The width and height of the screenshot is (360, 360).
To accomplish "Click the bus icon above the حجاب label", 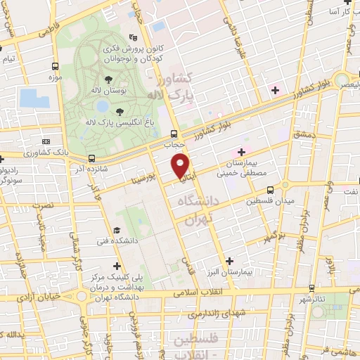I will tap(174, 134).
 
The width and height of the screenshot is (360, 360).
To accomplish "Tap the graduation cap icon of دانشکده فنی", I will tap(117, 230).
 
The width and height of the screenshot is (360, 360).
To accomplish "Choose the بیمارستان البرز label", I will tap(238, 271).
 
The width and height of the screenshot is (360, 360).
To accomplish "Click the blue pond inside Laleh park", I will tap(103, 106).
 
